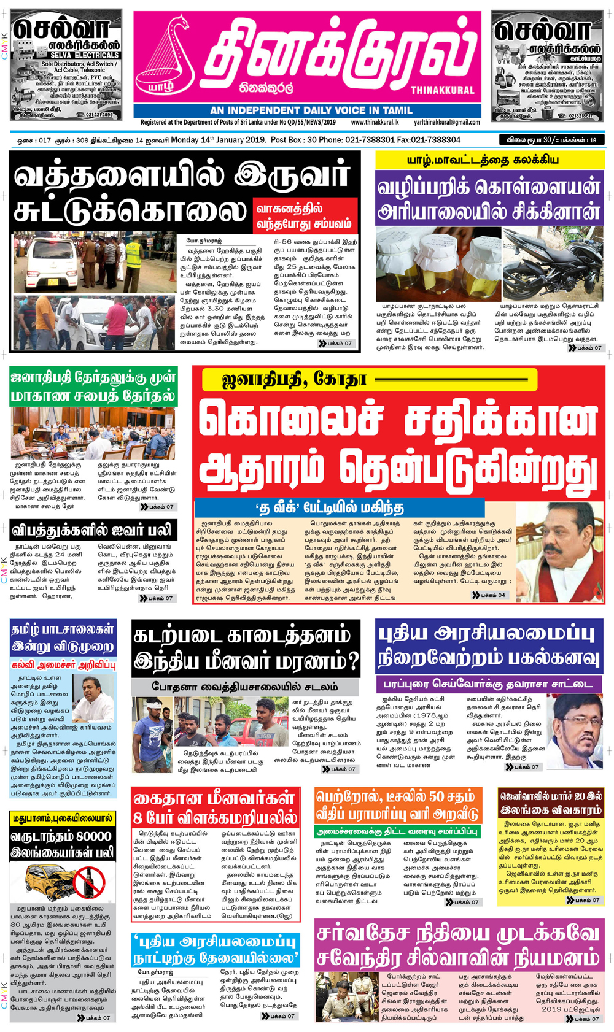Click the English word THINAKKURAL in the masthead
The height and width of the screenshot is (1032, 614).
point(442,90)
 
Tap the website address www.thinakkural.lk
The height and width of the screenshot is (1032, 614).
point(375,122)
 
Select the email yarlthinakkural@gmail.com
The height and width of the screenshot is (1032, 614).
point(446,122)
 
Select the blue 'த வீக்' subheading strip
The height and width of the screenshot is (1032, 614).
point(339,507)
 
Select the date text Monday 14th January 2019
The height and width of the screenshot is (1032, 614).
point(218,140)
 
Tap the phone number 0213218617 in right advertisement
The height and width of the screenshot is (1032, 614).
point(580,115)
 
